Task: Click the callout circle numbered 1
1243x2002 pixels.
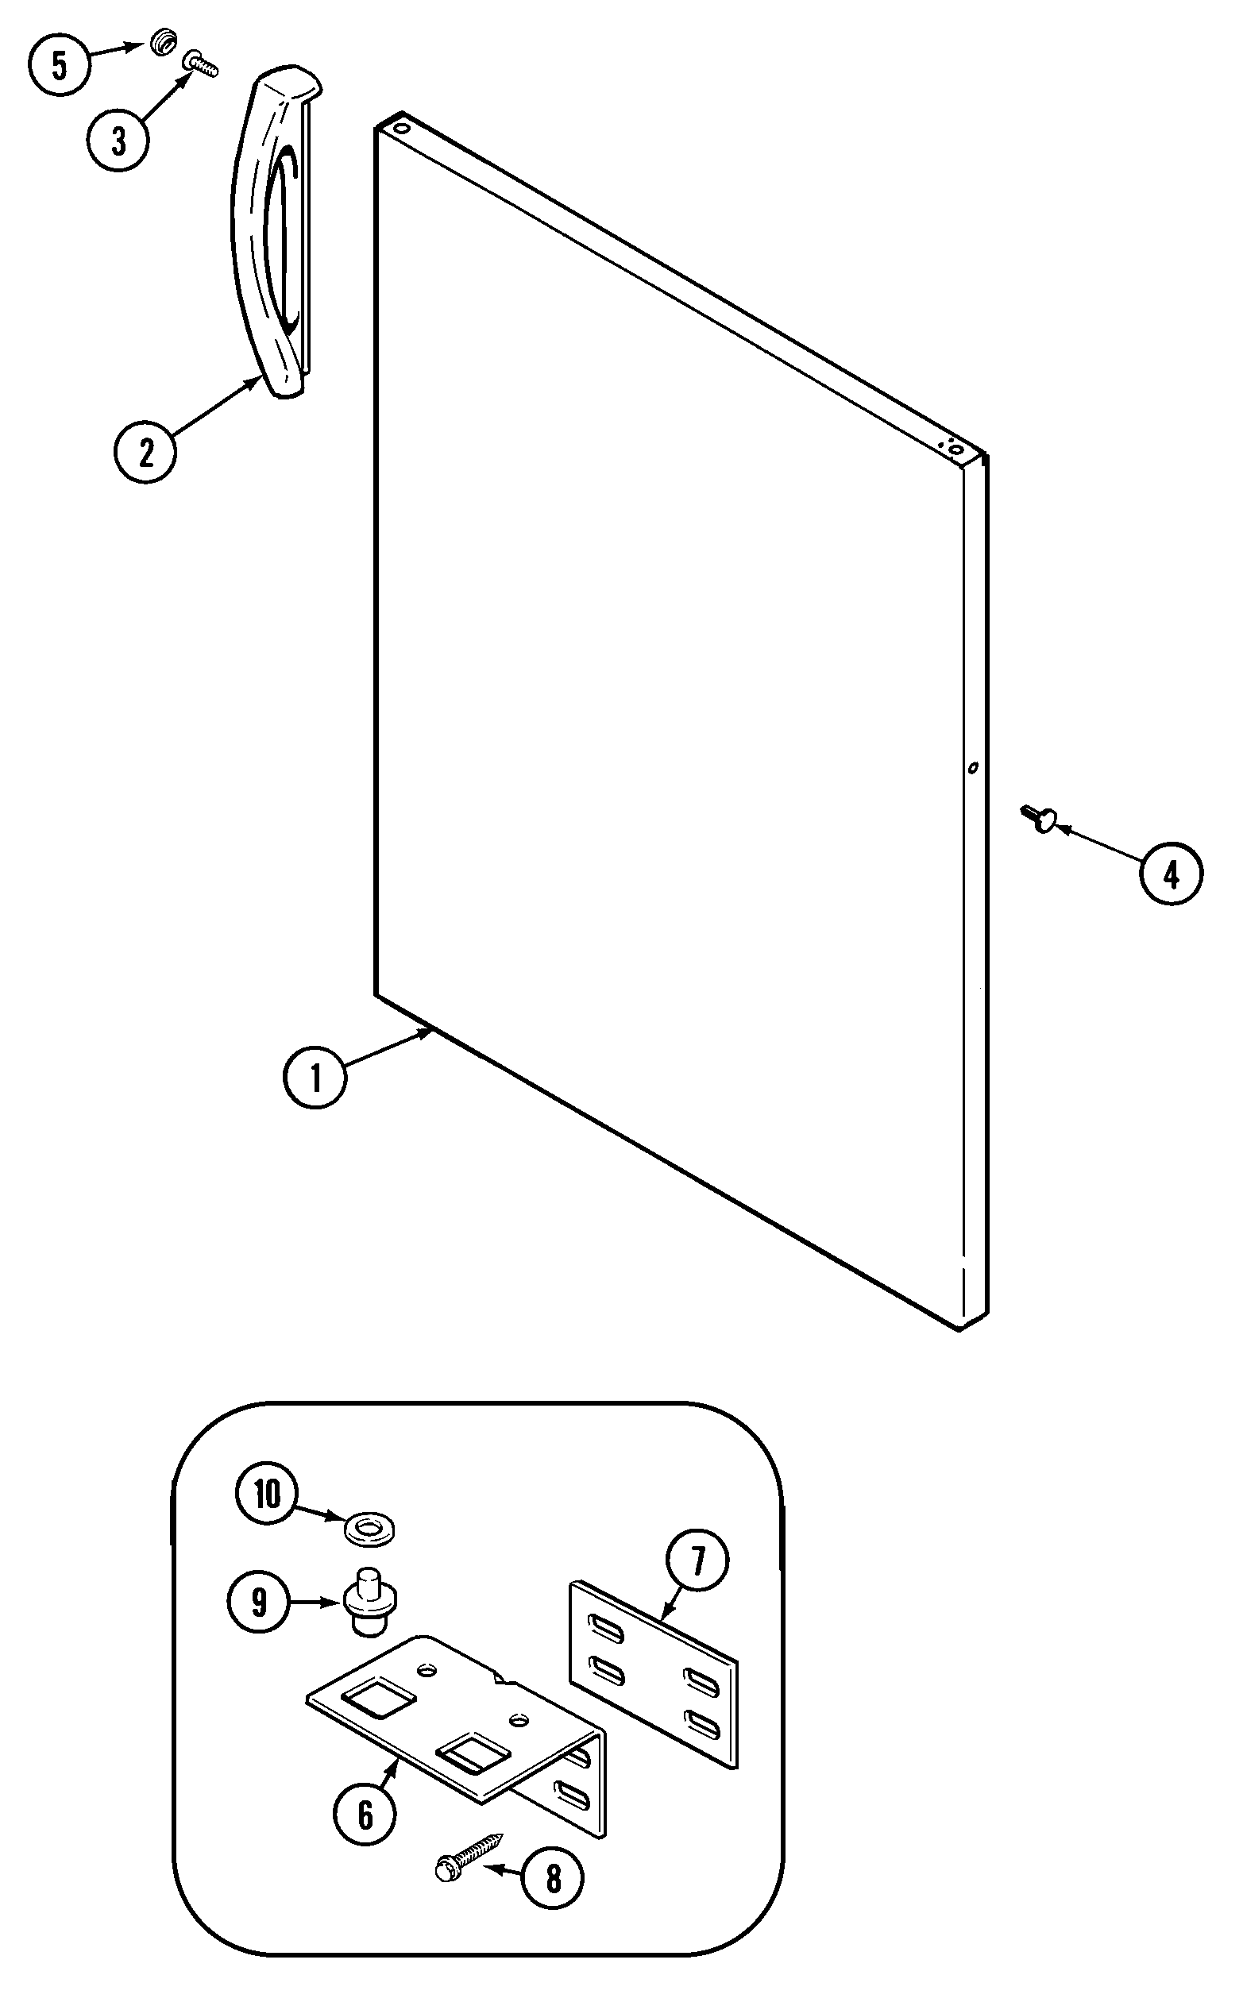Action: [315, 1077]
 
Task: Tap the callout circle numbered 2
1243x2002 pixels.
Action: [145, 451]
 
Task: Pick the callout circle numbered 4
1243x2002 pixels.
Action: [1171, 874]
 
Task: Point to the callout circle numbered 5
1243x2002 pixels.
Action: [60, 66]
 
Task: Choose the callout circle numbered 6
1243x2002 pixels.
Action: [365, 1814]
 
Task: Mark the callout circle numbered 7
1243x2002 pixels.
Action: [697, 1560]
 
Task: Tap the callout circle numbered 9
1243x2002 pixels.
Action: [259, 1601]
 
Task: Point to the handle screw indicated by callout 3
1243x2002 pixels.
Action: [201, 64]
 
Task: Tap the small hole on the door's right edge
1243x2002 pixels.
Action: [972, 768]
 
